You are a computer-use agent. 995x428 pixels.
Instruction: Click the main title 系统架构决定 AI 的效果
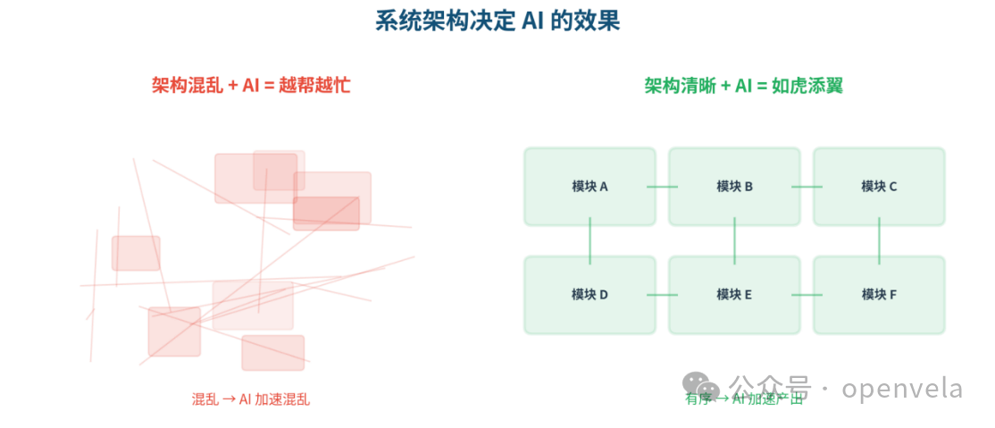coord(497,21)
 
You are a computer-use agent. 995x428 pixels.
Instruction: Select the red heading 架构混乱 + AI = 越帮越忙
coord(251,86)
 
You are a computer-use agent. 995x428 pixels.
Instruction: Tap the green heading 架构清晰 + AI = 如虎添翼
coord(744,86)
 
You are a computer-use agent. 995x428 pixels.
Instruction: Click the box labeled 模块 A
coord(589,186)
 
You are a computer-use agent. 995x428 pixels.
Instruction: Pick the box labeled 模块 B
coord(734,186)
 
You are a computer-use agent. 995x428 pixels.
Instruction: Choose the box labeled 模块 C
coord(879,186)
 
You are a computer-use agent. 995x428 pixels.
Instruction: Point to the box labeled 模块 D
coord(589,294)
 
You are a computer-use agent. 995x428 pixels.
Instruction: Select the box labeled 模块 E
coord(734,294)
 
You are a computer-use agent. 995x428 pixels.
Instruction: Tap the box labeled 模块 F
coord(879,294)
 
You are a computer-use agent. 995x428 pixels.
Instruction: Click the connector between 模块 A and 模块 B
coord(662,187)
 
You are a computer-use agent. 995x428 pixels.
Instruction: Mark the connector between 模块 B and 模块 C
coord(807,187)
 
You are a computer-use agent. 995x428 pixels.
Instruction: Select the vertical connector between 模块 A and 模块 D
coord(589,240)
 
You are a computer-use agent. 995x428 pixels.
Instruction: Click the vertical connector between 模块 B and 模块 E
coord(734,240)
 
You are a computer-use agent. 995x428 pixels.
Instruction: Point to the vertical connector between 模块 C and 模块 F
coord(879,240)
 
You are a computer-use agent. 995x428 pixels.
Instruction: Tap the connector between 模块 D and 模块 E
coord(662,295)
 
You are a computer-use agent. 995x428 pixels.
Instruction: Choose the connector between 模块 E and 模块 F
coord(807,295)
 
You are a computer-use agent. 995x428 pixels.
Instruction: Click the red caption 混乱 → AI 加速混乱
coord(251,399)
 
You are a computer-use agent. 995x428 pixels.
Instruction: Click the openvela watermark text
coord(902,389)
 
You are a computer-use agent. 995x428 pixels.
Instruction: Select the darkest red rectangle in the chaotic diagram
coord(326,213)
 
